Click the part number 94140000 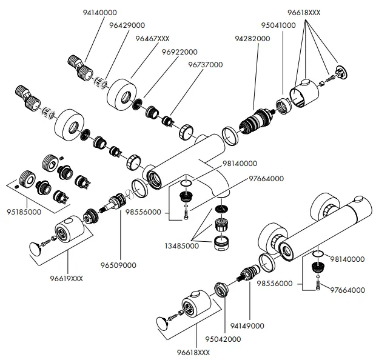[100, 12]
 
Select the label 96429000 [127, 25]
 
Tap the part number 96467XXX [152, 38]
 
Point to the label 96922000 [180, 52]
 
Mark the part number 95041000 [278, 25]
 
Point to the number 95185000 [24, 213]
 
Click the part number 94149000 [248, 325]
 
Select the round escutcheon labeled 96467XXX [123, 92]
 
